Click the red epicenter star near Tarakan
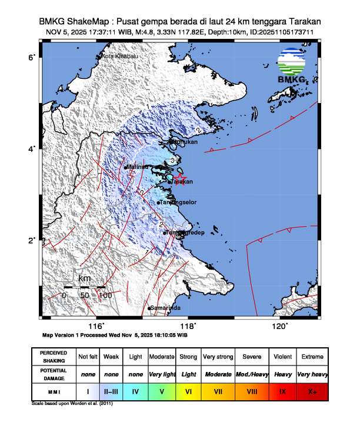click(181, 177)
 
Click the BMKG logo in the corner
click(292, 67)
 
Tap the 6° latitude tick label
click(33, 57)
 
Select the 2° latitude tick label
click(33, 240)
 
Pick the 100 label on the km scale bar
click(105, 294)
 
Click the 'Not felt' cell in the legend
click(88, 357)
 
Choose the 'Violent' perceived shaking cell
click(282, 357)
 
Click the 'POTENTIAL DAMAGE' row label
click(54, 374)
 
